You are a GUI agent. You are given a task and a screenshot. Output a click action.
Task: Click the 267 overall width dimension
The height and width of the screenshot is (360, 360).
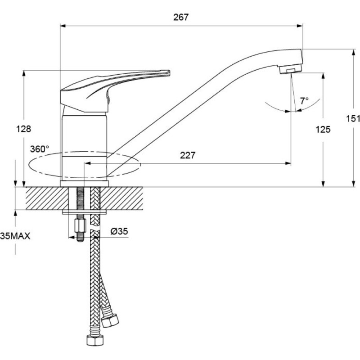click(x=181, y=18)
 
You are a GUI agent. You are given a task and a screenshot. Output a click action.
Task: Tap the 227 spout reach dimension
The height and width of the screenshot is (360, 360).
click(x=188, y=155)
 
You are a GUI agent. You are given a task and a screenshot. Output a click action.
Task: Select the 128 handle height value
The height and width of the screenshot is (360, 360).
click(x=23, y=129)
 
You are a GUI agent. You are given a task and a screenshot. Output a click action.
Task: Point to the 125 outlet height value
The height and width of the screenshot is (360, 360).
click(x=323, y=130)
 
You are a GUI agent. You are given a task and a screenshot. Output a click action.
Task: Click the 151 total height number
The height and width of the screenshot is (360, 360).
click(x=353, y=119)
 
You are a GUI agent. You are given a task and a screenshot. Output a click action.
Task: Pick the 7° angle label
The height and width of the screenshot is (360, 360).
click(x=304, y=100)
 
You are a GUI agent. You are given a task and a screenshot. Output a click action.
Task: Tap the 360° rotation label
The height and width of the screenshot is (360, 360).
click(x=40, y=149)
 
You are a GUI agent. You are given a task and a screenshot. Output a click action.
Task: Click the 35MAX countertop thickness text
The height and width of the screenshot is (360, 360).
click(x=15, y=236)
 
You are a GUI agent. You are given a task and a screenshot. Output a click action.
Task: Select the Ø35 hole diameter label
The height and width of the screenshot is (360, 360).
click(x=119, y=231)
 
